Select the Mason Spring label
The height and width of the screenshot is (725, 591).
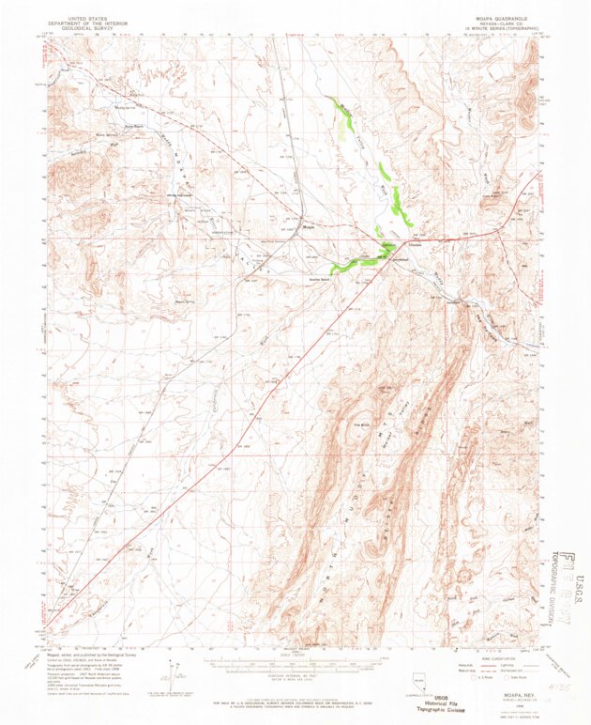(185, 301)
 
